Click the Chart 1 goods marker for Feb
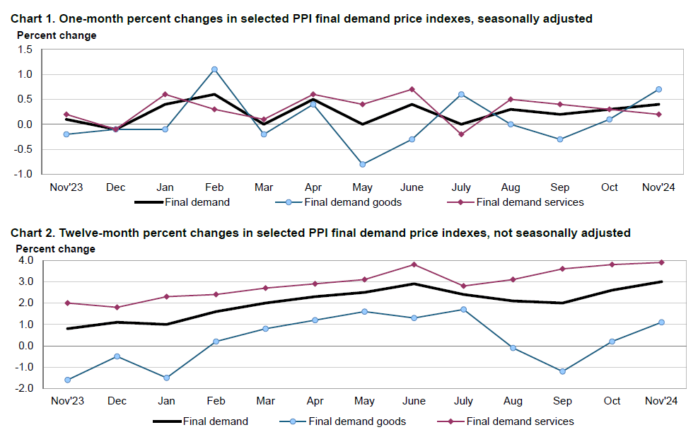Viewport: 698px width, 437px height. [214, 69]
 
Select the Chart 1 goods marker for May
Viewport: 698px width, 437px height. [363, 164]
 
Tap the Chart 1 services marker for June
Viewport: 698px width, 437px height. [412, 89]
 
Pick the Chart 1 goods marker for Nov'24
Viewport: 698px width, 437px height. [658, 89]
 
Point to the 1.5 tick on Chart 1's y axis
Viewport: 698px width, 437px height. [26, 49]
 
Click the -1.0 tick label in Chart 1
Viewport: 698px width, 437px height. [24, 174]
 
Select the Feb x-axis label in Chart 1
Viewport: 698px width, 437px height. [214, 187]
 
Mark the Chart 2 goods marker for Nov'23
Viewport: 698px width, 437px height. [67, 380]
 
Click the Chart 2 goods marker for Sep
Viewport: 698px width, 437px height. [562, 371]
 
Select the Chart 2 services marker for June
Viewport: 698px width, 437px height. [414, 264]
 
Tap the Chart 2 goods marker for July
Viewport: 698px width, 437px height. [463, 309]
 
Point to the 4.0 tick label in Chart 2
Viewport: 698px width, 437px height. [26, 260]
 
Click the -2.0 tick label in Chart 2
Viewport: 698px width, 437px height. [24, 388]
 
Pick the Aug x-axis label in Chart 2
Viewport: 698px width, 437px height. [513, 401]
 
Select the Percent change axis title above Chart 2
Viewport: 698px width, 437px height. [56, 249]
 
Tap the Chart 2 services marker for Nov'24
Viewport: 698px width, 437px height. [661, 262]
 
